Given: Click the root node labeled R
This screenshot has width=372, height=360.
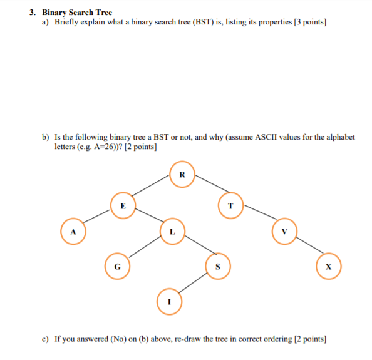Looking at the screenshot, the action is pos(182,174).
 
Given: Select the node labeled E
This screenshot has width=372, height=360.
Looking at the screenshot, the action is pos(123,205).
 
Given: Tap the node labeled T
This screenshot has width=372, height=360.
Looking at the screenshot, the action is pos(230,205).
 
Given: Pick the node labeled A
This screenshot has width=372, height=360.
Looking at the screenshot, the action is pos(73,231).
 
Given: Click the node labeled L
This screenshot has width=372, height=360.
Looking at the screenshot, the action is pos(172,231).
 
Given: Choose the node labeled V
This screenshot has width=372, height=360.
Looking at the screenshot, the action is pos(284,231).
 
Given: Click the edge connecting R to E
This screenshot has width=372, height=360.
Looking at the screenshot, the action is pos(152,190).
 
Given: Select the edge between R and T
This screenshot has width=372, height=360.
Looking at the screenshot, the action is pos(207,190).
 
